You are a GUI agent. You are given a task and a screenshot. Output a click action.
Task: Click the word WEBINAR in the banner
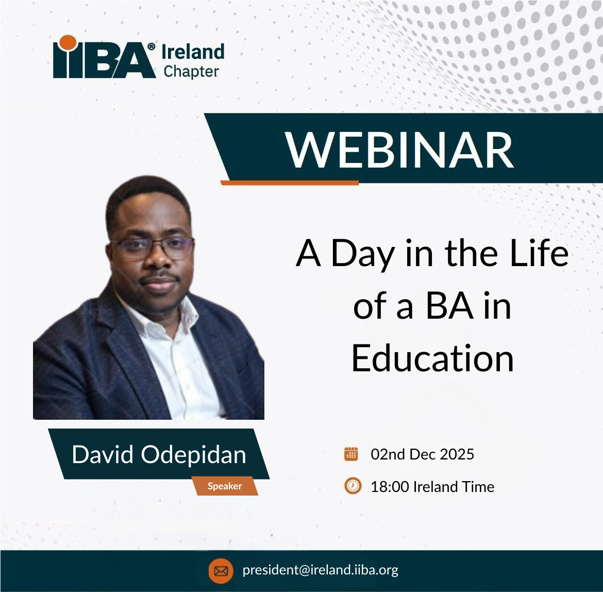pyautogui.click(x=400, y=150)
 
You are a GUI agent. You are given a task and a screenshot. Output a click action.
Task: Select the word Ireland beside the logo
pyautogui.click(x=193, y=52)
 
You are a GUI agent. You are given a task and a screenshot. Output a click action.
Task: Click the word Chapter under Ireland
pyautogui.click(x=191, y=72)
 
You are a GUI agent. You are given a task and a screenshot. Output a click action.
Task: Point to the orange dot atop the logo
pyautogui.click(x=67, y=43)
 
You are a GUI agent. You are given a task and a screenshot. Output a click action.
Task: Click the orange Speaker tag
pyautogui.click(x=225, y=486)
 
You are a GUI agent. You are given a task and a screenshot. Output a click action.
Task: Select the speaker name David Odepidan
pyautogui.click(x=159, y=454)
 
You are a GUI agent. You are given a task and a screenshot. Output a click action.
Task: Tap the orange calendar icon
pyautogui.click(x=351, y=454)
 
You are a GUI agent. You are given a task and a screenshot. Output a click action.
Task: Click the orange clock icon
pyautogui.click(x=353, y=486)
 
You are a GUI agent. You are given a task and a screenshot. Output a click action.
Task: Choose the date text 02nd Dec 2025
pyautogui.click(x=422, y=454)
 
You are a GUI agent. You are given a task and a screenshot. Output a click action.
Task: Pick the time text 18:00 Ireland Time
pyautogui.click(x=432, y=486)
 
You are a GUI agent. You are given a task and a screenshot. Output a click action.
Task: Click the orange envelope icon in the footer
pyautogui.click(x=221, y=571)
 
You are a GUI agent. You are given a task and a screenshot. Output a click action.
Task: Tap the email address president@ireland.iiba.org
pyautogui.click(x=320, y=570)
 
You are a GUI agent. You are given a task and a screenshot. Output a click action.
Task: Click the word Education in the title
pyautogui.click(x=432, y=358)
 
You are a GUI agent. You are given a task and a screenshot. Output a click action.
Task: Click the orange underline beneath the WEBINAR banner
pyautogui.click(x=289, y=183)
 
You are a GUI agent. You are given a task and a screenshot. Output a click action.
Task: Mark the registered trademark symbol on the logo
pyautogui.click(x=151, y=46)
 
